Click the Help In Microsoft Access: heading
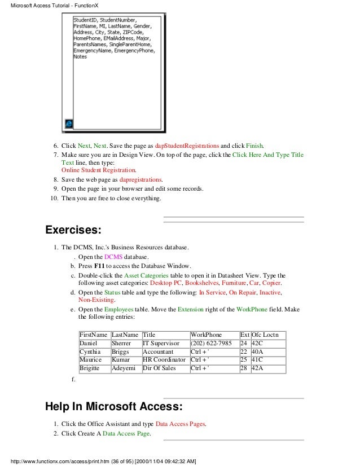coord(113,406)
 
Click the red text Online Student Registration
coord(98,169)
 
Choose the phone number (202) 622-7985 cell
coord(214,343)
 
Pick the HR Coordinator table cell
coord(165,359)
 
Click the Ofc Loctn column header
coord(268,335)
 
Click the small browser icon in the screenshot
coord(69,123)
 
